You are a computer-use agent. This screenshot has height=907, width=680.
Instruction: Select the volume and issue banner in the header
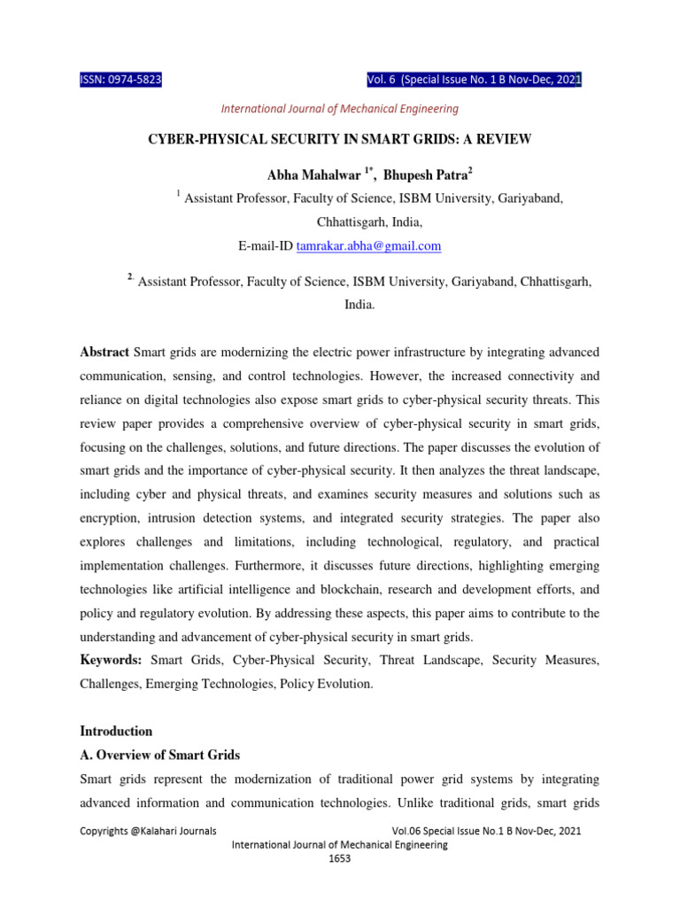point(474,81)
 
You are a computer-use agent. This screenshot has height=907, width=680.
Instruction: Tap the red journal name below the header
point(339,109)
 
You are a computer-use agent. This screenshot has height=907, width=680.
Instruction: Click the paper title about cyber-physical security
point(339,141)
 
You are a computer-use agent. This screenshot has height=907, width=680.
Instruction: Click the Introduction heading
point(116,732)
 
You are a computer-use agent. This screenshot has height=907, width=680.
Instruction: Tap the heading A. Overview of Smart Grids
point(159,756)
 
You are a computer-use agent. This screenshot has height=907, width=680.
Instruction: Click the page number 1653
point(339,859)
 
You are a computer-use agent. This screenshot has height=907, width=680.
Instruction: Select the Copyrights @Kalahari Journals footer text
point(148,831)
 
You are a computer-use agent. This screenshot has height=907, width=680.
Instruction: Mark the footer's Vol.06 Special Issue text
point(485,831)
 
